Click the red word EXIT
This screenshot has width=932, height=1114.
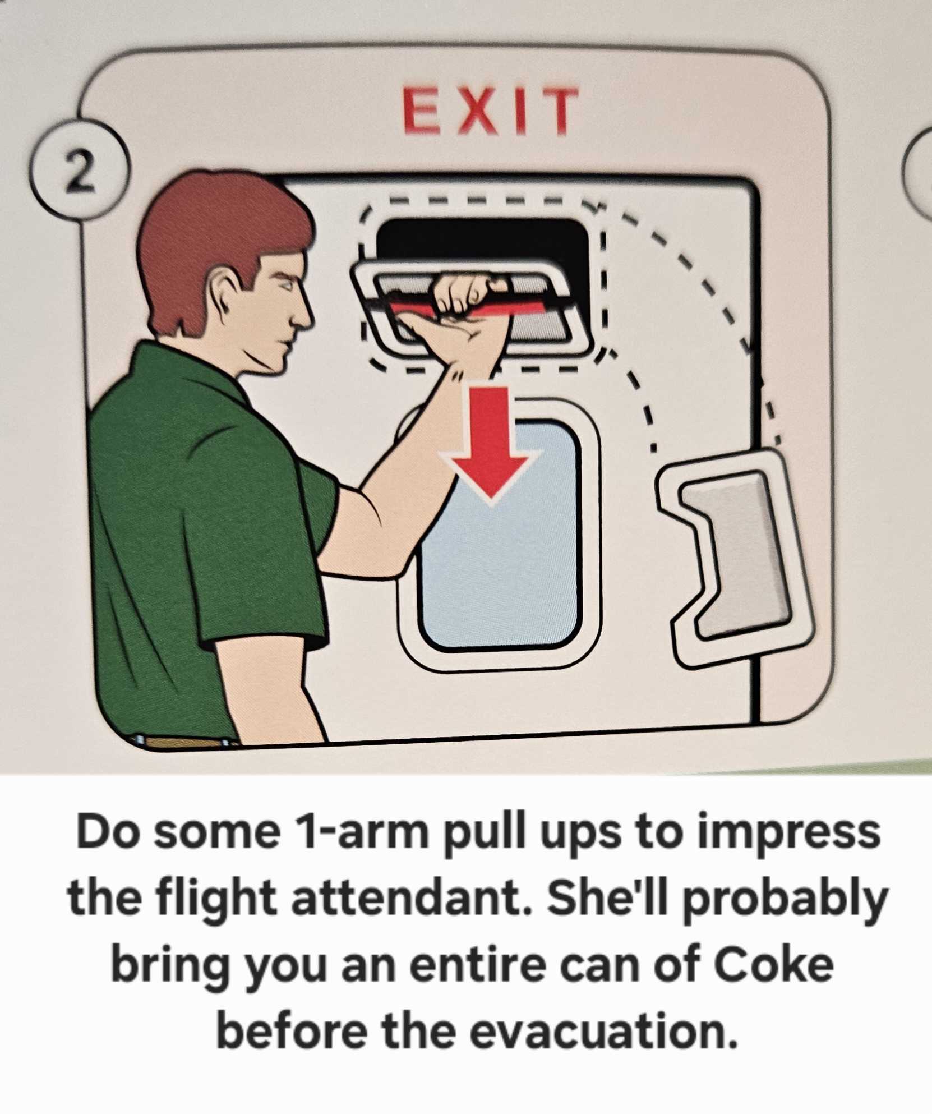pyautogui.click(x=490, y=111)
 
